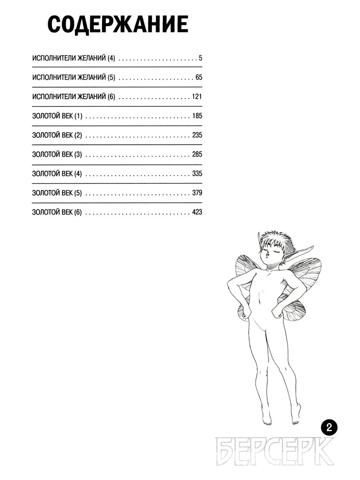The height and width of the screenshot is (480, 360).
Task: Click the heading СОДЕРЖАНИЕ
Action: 118,25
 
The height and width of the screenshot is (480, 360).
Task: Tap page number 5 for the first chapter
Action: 200,58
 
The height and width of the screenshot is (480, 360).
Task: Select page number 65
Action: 199,78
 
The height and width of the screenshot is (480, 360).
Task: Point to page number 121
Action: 197,97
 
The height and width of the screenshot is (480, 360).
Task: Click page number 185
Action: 197,116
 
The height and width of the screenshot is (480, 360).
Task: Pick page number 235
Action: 197,135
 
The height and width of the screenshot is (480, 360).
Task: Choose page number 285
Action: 197,154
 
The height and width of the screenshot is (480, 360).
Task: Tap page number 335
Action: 197,174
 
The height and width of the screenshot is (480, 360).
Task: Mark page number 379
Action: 197,193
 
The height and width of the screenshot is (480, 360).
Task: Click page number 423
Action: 197,212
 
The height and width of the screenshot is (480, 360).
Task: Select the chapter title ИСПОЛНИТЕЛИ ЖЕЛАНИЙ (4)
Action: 74,58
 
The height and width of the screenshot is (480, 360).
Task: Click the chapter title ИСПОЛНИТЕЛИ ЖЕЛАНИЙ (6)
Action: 74,97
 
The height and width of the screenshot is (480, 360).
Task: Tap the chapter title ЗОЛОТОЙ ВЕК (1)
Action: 57,116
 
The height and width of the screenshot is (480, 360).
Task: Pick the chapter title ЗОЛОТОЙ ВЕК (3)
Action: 57,154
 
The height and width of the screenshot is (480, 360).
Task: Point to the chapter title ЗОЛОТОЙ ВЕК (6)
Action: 57,212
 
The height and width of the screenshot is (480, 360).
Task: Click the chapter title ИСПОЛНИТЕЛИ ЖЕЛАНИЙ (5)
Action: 74,78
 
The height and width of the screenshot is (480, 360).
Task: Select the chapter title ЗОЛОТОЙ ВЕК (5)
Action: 57,193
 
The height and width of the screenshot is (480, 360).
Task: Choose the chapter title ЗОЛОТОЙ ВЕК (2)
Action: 57,135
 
